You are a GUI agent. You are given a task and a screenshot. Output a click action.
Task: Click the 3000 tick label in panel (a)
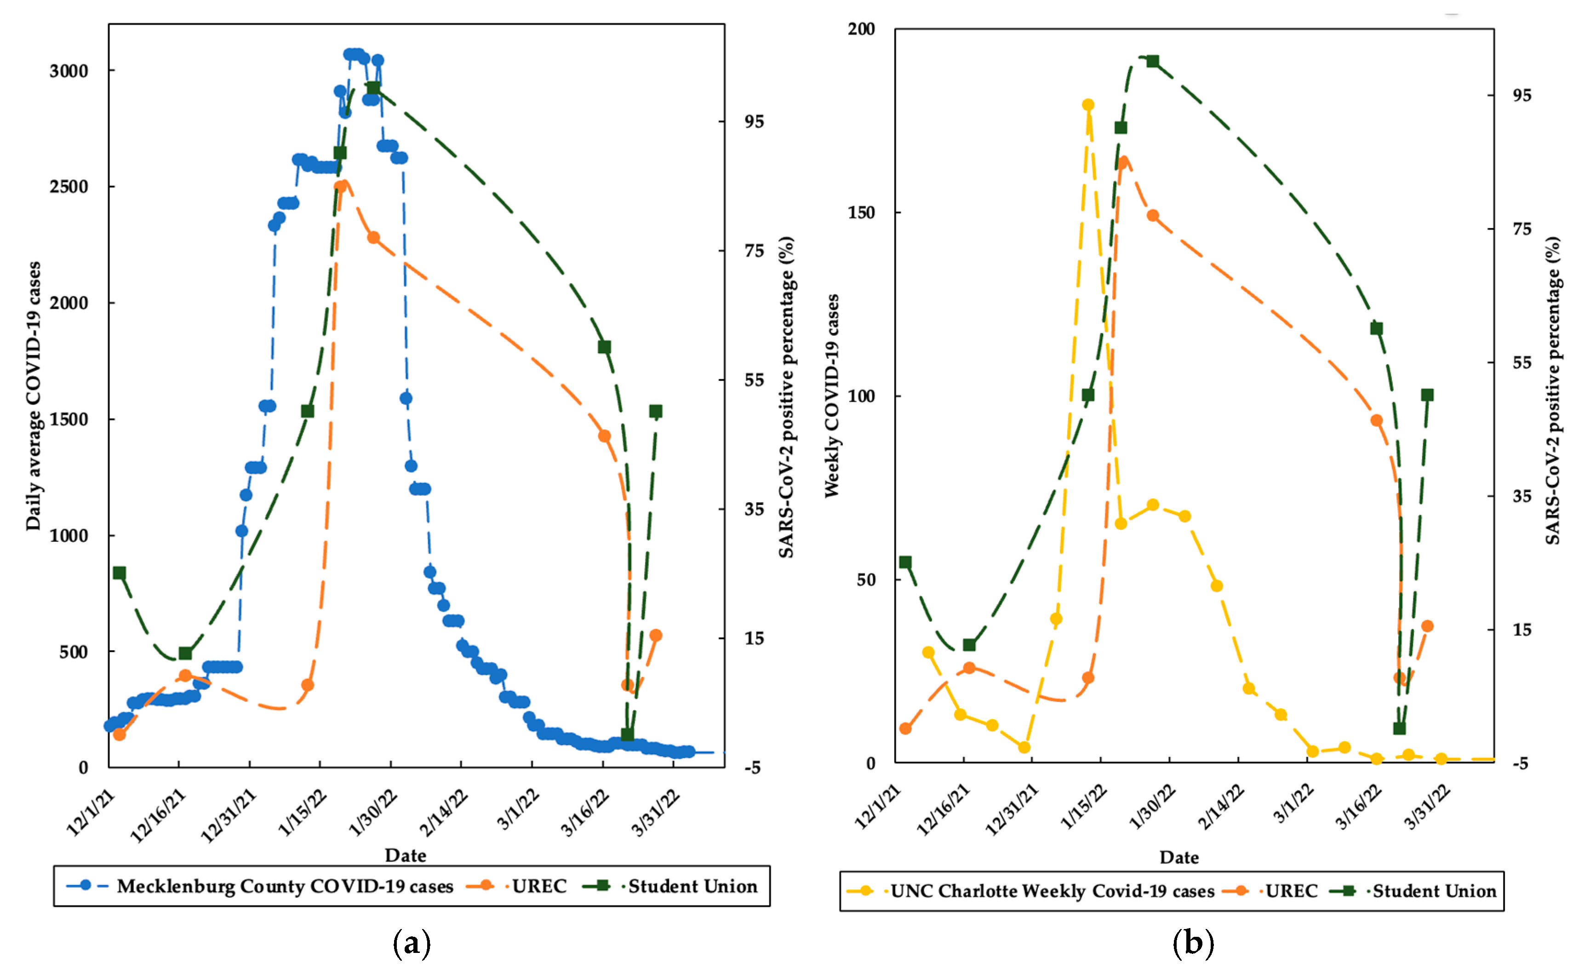[69, 71]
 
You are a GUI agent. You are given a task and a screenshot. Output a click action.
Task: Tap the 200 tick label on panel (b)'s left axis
[861, 29]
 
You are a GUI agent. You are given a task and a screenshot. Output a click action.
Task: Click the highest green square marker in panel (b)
[1152, 61]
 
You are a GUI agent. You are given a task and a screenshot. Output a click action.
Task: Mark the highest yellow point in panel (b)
[1088, 105]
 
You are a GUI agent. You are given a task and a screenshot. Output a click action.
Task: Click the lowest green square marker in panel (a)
[627, 734]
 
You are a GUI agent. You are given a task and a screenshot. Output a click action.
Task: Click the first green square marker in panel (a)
[119, 573]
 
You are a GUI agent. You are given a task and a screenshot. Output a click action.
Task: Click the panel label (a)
[412, 943]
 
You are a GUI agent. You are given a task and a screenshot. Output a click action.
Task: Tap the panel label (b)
[1193, 943]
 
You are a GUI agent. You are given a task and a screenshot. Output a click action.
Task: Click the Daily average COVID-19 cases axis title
[34, 396]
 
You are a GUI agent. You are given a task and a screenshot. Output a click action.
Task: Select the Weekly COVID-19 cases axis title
[832, 396]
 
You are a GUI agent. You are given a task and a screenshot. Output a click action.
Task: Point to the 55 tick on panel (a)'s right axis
[754, 380]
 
